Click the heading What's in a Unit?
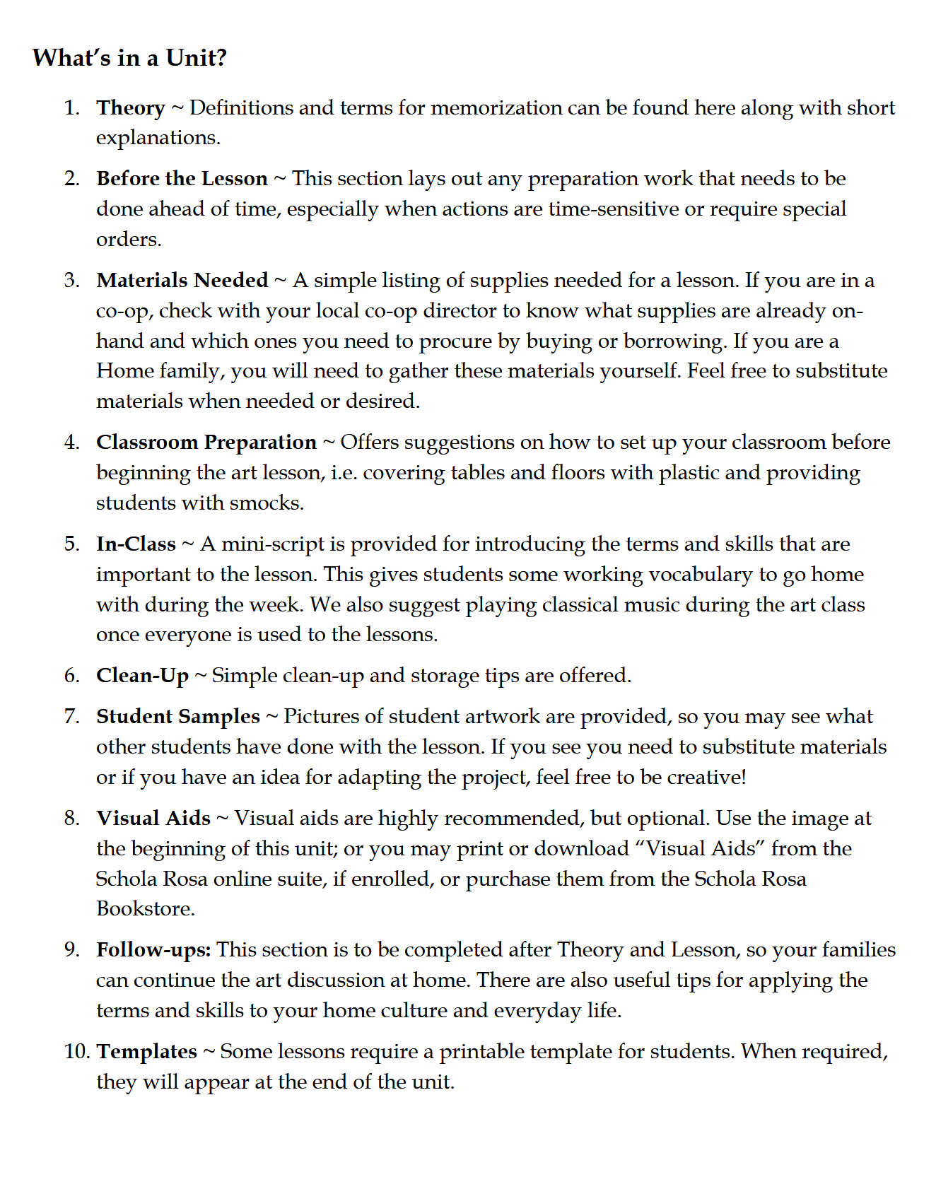tap(129, 57)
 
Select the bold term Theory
tap(131, 107)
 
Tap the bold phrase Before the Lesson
tap(182, 178)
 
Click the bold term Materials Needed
tap(182, 280)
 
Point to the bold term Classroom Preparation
tap(206, 442)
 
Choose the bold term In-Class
tap(136, 544)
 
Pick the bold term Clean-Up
tap(143, 675)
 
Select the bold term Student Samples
tap(178, 716)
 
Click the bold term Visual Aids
tap(153, 818)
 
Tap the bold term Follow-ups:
tap(153, 949)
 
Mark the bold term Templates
tap(147, 1051)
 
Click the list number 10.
tap(76, 1051)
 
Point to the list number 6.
tap(71, 675)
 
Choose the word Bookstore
tap(145, 908)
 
